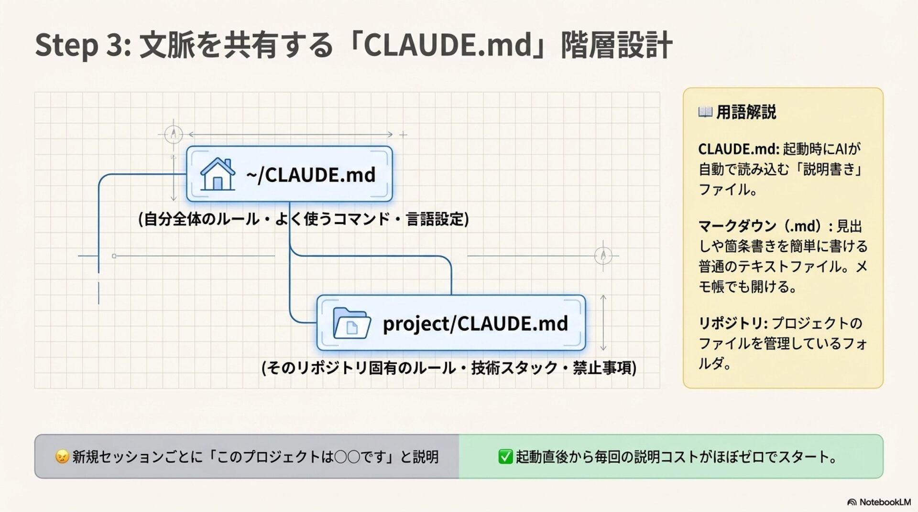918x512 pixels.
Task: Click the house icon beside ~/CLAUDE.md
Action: [218, 174]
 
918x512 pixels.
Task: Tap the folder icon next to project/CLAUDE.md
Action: [351, 323]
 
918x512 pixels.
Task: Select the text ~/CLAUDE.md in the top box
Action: [311, 175]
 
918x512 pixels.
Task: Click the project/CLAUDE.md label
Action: [475, 323]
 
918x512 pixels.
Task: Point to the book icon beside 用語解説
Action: [705, 112]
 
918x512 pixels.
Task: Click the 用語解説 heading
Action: [746, 112]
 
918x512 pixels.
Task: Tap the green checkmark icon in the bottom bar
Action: [505, 457]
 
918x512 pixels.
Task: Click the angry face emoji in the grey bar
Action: [62, 457]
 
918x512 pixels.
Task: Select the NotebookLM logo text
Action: [885, 502]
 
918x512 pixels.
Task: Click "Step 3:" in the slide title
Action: [82, 45]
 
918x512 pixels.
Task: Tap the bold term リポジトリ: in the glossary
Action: [732, 323]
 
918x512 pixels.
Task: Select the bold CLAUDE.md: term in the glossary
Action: [739, 149]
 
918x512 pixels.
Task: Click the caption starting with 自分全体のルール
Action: [304, 219]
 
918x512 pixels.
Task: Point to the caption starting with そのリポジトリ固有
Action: [449, 368]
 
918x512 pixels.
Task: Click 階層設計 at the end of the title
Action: [617, 45]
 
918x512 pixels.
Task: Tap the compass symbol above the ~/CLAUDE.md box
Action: [174, 134]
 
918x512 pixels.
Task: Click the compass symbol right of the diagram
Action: [603, 256]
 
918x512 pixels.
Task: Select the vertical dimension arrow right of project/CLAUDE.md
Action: [603, 323]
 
